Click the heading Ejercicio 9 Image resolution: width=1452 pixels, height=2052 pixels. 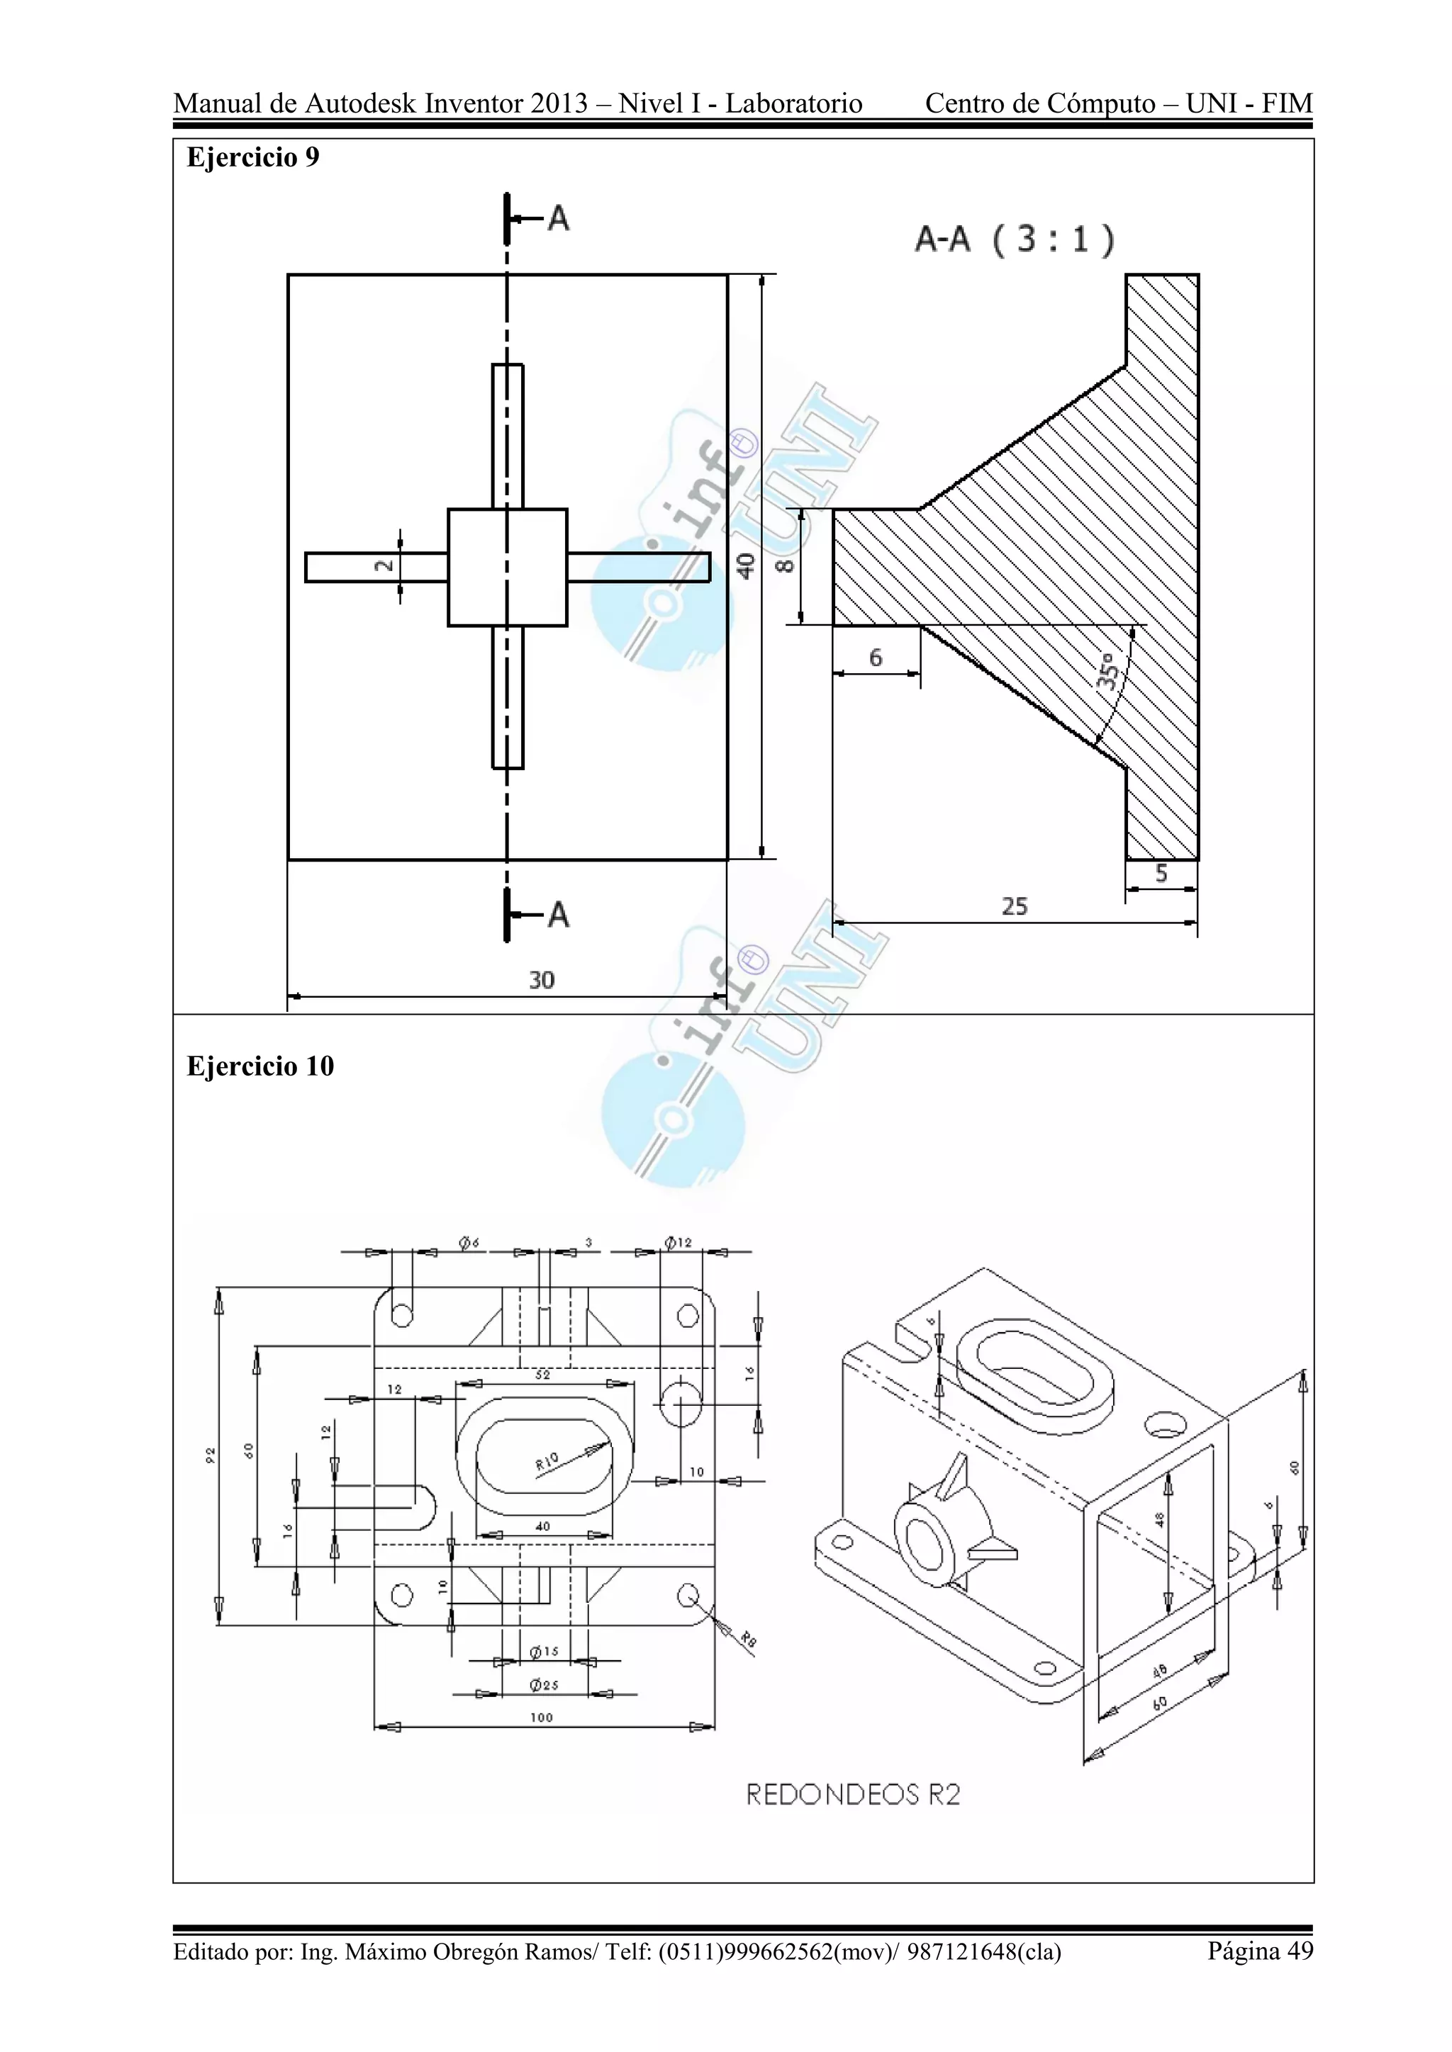tap(252, 157)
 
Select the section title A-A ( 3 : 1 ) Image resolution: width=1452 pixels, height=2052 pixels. tap(1015, 239)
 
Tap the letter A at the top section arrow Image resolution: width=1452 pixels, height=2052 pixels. tap(558, 218)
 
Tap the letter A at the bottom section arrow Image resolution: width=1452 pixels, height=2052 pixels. tap(558, 914)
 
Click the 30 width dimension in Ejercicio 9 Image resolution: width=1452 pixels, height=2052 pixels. tap(542, 981)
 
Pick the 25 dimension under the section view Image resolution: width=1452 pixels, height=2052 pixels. tap(1014, 906)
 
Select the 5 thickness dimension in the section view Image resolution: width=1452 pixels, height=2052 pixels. tap(1161, 873)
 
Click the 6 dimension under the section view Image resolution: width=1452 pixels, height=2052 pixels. tap(876, 658)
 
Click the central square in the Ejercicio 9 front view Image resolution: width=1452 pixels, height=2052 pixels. tap(507, 568)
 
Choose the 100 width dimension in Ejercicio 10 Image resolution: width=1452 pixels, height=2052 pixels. tap(542, 1717)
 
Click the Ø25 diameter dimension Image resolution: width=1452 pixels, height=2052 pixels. tap(544, 1685)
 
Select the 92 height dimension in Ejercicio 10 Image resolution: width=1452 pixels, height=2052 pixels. tap(210, 1455)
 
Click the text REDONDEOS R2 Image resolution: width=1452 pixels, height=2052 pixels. tap(853, 1795)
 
